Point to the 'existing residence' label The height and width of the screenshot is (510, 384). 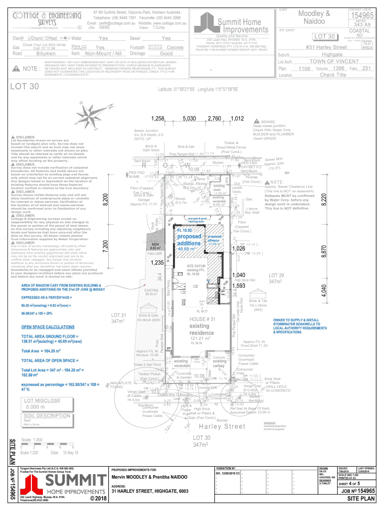point(202,329)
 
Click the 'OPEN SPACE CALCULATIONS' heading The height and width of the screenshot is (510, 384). point(47,327)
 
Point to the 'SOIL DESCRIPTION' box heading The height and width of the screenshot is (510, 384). point(47,415)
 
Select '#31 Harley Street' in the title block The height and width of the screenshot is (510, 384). point(327,47)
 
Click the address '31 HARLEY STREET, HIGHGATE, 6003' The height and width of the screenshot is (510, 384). point(150,492)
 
